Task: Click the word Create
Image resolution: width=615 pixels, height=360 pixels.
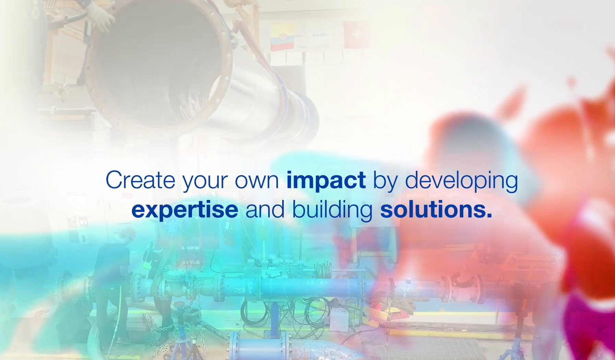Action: pos(140,180)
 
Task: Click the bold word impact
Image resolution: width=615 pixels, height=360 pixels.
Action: pos(326,180)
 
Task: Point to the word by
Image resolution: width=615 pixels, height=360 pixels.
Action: pos(385,181)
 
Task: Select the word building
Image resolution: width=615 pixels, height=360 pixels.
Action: pos(332,210)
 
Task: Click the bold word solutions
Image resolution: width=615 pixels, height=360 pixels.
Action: pos(433,209)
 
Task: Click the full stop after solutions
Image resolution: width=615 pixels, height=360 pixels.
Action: pos(489,216)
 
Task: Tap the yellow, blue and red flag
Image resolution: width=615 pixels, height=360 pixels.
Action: pos(283,37)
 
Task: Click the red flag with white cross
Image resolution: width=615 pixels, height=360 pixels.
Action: pos(357,34)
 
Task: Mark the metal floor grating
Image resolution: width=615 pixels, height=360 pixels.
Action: pos(439,346)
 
